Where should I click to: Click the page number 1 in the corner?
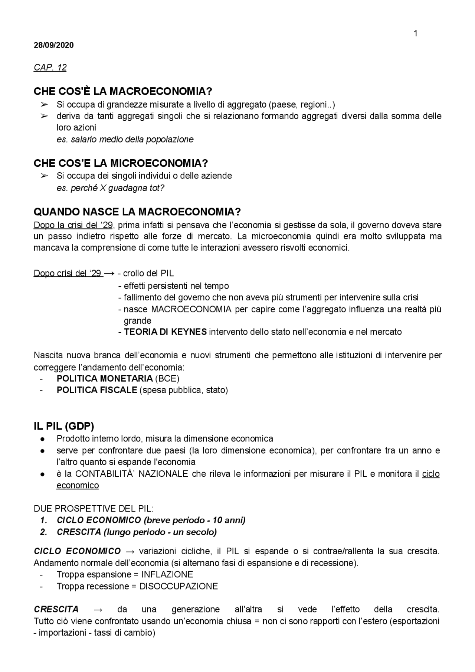415,34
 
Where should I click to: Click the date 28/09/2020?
53,45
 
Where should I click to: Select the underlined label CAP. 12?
50,68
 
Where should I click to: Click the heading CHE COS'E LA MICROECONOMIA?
121,163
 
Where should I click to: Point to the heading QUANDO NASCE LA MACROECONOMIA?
137,212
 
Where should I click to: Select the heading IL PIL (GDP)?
63,426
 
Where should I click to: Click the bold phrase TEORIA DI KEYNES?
165,332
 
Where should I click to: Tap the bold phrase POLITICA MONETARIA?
104,378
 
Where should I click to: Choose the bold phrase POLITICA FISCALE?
96,390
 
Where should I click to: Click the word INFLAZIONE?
167,575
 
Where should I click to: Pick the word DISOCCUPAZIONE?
178,587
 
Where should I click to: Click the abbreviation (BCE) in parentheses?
167,378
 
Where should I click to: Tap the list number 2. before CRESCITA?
44,532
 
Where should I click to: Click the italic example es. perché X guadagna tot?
110,188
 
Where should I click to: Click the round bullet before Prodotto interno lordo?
43,439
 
